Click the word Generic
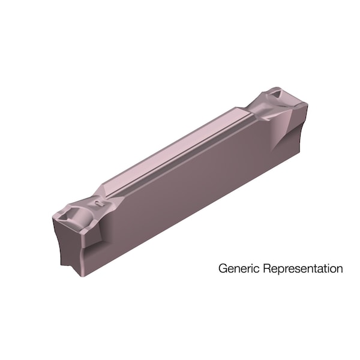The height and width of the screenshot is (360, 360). click(x=236, y=269)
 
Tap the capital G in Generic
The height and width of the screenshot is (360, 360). click(x=222, y=268)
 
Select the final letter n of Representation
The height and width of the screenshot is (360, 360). click(x=340, y=269)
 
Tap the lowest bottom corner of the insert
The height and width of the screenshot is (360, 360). click(x=81, y=275)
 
